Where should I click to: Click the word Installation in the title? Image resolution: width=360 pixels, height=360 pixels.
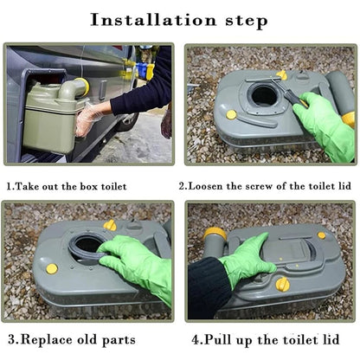153,20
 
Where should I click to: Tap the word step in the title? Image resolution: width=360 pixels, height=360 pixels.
247,22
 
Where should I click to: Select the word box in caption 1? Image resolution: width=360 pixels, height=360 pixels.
89,186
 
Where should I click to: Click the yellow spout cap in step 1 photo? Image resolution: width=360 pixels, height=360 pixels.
84,87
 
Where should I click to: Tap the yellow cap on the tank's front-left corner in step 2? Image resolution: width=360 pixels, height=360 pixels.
231,114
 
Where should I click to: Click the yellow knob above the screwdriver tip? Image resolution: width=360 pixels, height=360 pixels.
282,75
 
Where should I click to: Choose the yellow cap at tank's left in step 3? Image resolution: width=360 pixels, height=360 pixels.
52,268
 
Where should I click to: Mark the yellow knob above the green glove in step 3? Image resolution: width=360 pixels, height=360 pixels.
110,225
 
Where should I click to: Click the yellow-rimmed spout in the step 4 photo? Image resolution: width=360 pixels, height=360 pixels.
215,235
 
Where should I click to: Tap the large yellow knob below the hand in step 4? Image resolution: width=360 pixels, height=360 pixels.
282,284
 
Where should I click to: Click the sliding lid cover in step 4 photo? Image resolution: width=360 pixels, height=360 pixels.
288,250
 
